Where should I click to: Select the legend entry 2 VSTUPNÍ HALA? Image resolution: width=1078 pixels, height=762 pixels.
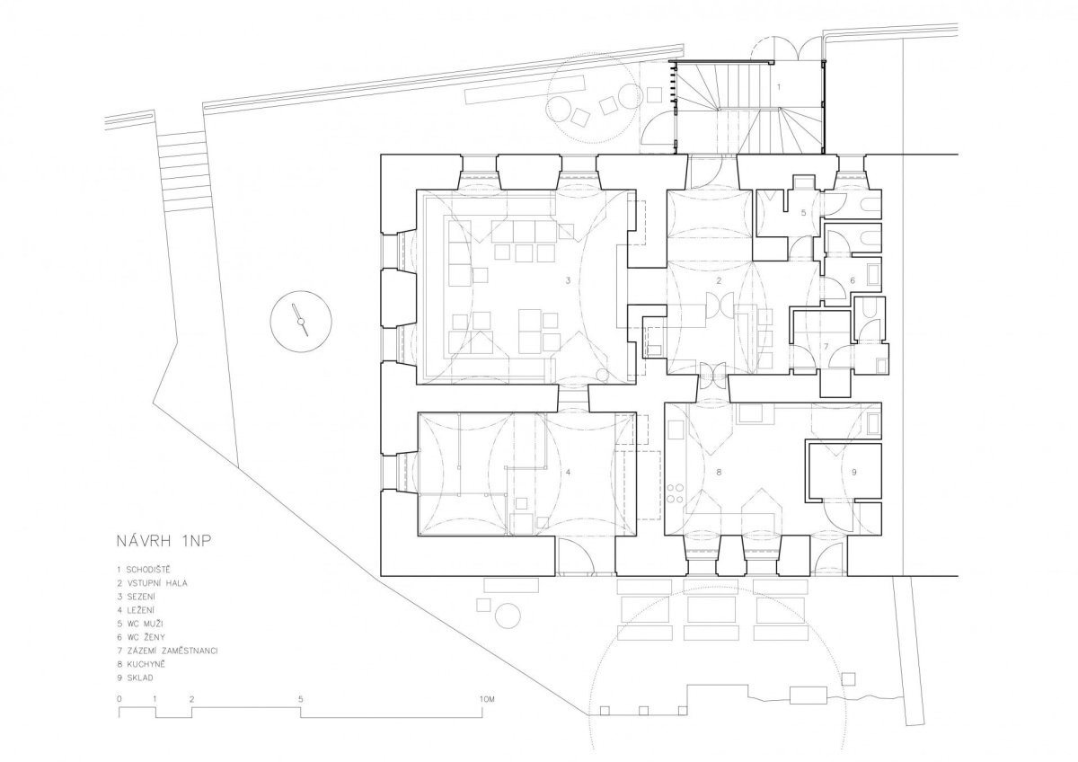point(152,583)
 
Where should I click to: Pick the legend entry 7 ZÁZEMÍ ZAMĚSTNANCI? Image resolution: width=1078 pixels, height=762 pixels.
point(167,651)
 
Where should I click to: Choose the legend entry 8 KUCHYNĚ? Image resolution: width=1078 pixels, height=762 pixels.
point(141,664)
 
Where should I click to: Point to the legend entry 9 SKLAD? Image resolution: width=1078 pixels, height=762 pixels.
point(135,678)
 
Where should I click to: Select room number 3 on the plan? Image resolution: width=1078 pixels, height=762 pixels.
point(568,280)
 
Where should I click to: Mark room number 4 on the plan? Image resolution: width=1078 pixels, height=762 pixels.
point(568,473)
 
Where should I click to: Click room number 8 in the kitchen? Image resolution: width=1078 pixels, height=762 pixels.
point(719,473)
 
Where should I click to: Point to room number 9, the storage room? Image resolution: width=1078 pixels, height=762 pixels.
point(854,473)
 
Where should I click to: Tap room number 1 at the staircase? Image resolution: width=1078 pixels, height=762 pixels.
point(779,87)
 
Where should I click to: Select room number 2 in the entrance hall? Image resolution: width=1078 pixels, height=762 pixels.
point(719,280)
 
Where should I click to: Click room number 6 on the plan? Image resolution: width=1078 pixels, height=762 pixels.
point(853,280)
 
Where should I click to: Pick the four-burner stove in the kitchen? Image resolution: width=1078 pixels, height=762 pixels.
point(676,494)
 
